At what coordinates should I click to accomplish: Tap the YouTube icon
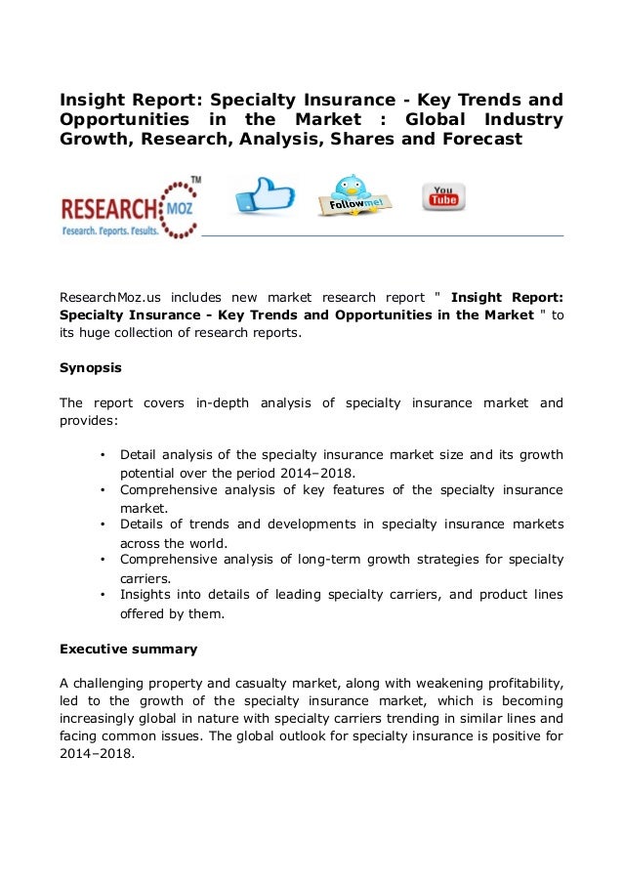[x=443, y=196]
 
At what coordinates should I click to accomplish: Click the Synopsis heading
[x=91, y=369]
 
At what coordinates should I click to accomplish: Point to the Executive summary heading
[x=128, y=649]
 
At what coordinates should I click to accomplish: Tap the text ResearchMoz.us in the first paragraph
[x=110, y=297]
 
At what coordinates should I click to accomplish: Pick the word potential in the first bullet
[x=149, y=472]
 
